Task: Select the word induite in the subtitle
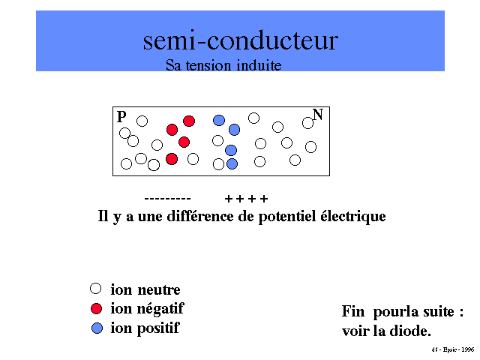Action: click(257, 65)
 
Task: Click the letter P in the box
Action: click(121, 117)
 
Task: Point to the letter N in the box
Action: click(318, 115)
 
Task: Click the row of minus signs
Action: click(167, 199)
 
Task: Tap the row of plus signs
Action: click(246, 199)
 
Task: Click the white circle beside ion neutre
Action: click(95, 288)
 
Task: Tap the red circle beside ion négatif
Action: click(95, 308)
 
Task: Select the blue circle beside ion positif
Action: click(95, 328)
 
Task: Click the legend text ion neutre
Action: click(145, 289)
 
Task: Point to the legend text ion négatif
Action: click(147, 309)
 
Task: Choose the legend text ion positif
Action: click(145, 328)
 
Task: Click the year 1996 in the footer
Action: click(467, 349)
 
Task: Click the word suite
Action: click(436, 311)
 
